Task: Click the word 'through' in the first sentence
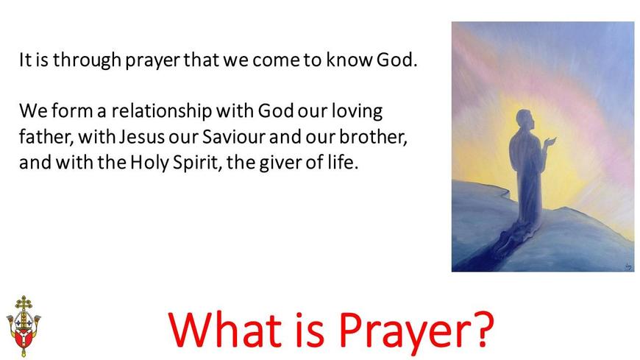88,60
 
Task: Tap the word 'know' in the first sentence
349,60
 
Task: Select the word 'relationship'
162,112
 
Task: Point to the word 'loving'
357,112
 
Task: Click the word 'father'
46,137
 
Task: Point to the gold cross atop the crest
24,304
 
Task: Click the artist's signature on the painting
628,267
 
